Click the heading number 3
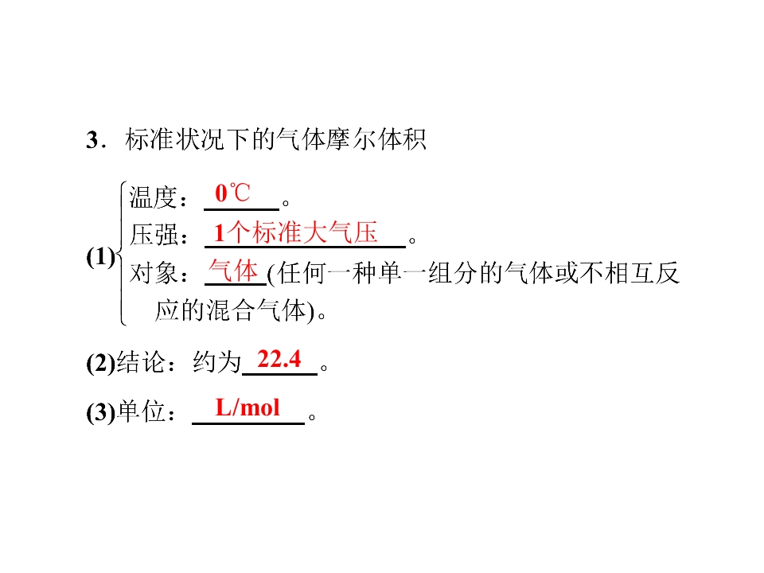(92, 140)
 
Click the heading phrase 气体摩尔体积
(351, 139)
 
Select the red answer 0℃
(232, 193)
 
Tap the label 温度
(153, 197)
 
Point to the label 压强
(153, 235)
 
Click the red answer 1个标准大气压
(296, 232)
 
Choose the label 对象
(153, 272)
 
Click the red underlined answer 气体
(233, 270)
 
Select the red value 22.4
(279, 359)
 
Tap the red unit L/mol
(248, 407)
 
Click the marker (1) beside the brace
(101, 257)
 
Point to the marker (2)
(101, 363)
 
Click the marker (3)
(101, 412)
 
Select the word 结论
(141, 363)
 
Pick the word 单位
(141, 411)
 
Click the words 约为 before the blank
(217, 363)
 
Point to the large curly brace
(122, 253)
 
